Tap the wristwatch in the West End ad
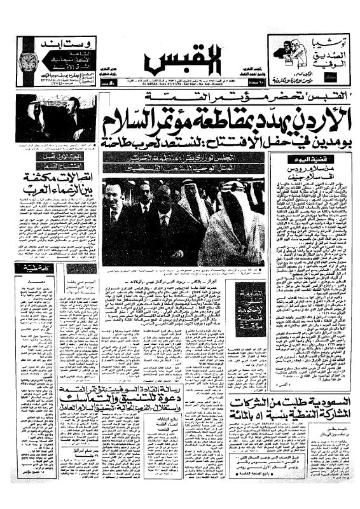27,62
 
